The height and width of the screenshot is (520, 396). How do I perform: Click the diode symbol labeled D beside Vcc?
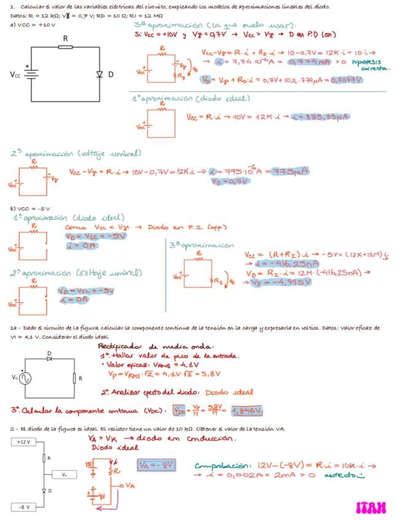click(100, 74)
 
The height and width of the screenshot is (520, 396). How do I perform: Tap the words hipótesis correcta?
click(371, 65)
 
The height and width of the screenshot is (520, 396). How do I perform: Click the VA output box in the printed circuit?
click(64, 474)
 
